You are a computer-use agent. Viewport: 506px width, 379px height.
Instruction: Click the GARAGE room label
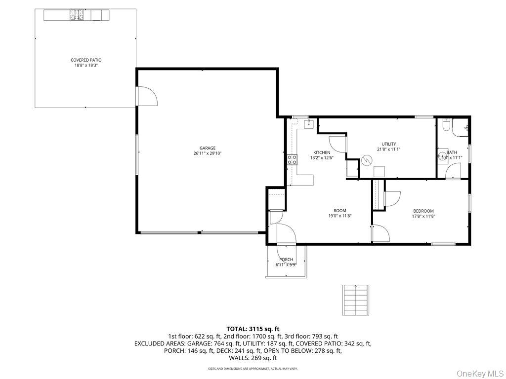(x=208, y=148)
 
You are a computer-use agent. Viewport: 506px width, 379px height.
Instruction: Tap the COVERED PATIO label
(x=86, y=60)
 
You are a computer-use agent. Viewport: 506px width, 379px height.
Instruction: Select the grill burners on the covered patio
(x=77, y=15)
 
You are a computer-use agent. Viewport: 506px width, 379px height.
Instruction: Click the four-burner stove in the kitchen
(x=292, y=159)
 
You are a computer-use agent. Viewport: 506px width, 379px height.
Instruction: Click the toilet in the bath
(x=446, y=126)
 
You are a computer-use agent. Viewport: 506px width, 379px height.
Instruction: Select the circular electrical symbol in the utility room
(x=367, y=160)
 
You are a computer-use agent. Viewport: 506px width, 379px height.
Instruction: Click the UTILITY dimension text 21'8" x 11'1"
(x=388, y=149)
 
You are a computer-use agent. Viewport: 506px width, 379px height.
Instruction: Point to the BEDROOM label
(x=423, y=211)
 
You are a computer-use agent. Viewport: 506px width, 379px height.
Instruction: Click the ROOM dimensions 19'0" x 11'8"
(x=340, y=216)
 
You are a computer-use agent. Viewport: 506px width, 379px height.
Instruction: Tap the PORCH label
(x=286, y=260)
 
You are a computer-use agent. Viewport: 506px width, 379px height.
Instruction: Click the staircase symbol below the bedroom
(x=355, y=300)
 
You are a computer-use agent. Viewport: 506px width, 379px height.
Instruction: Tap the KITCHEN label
(x=321, y=152)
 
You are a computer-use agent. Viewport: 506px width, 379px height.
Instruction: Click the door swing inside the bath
(x=453, y=170)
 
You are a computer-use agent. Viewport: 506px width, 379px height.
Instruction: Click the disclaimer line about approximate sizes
(x=253, y=368)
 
